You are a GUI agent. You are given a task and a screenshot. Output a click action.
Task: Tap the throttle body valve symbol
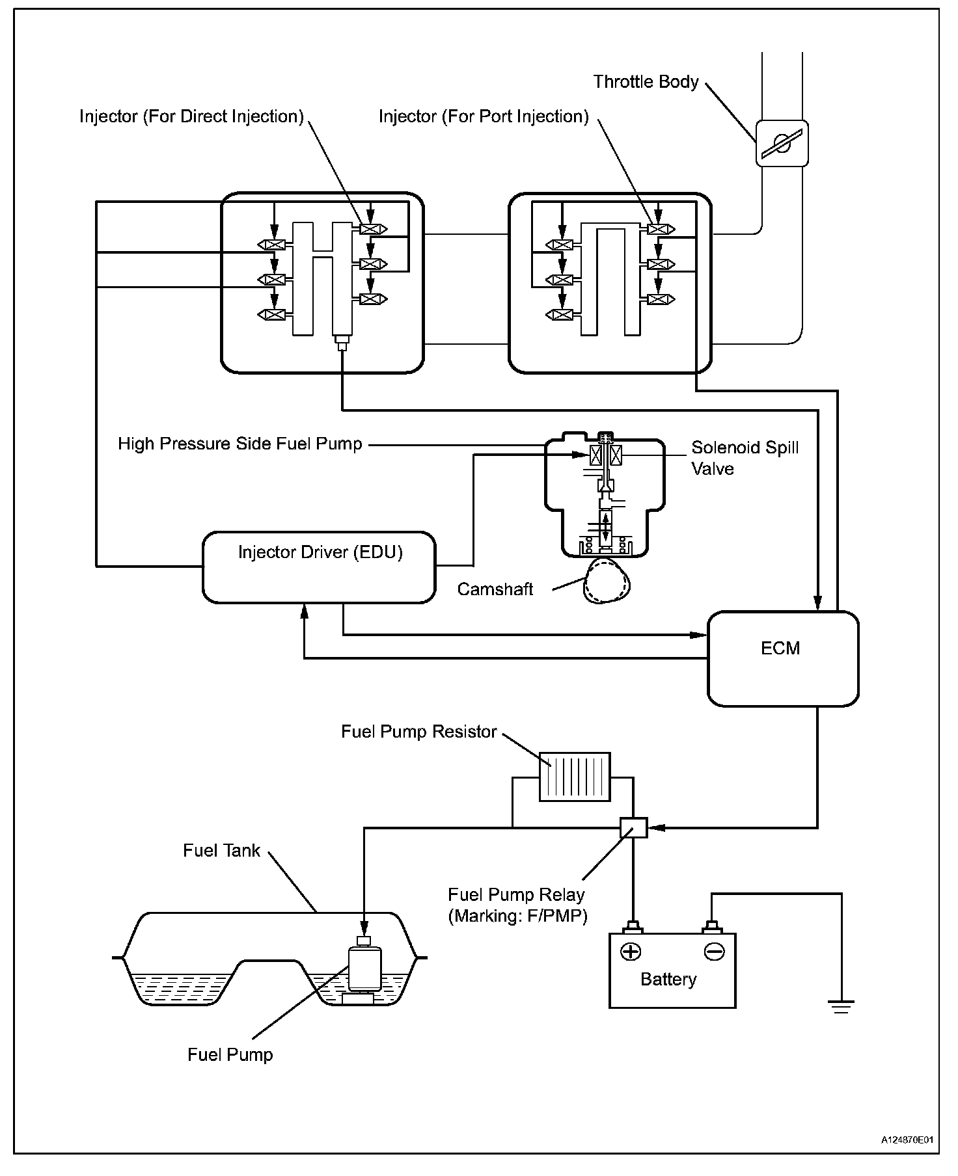click(x=782, y=143)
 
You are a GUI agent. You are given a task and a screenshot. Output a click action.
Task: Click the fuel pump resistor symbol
click(x=575, y=777)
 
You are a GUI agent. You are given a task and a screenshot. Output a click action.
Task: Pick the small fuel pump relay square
click(x=633, y=827)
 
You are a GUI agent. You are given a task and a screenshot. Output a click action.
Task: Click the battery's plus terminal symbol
click(x=631, y=952)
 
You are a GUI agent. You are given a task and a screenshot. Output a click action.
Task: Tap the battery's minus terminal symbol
click(x=714, y=952)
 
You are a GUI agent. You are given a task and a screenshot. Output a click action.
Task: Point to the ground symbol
click(x=841, y=1007)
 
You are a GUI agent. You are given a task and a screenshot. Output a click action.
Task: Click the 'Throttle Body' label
click(x=646, y=82)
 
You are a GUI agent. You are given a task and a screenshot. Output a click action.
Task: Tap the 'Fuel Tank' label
click(x=221, y=850)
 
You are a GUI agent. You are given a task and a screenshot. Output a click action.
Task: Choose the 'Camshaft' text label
click(x=495, y=589)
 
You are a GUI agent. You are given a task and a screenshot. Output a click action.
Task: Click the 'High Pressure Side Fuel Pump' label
click(x=239, y=444)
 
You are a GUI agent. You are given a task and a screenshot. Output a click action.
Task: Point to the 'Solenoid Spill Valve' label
click(x=745, y=458)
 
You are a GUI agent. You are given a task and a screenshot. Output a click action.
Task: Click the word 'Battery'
click(x=668, y=980)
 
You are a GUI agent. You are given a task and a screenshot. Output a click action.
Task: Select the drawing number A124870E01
click(x=908, y=1140)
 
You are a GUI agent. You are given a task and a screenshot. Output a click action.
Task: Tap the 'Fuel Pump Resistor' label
click(x=419, y=732)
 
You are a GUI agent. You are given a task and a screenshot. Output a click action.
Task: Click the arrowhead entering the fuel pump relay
click(x=656, y=827)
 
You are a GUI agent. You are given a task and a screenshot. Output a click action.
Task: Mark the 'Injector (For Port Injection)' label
click(x=484, y=116)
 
